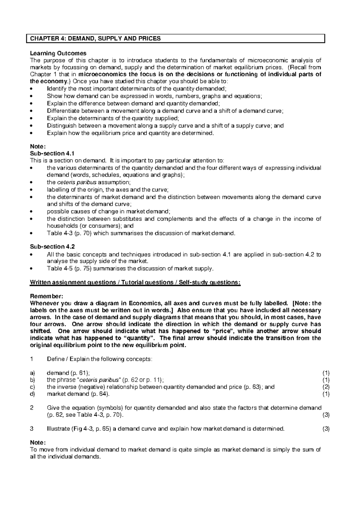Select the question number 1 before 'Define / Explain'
pyautogui.click(x=32, y=359)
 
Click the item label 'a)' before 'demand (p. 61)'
pyautogui.click(x=33, y=373)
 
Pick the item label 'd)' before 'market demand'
pyautogui.click(x=33, y=394)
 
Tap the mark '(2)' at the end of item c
pyautogui.click(x=326, y=387)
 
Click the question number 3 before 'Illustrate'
pyautogui.click(x=32, y=429)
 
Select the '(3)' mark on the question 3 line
pyautogui.click(x=326, y=429)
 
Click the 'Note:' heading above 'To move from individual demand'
pyautogui.click(x=38, y=443)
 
